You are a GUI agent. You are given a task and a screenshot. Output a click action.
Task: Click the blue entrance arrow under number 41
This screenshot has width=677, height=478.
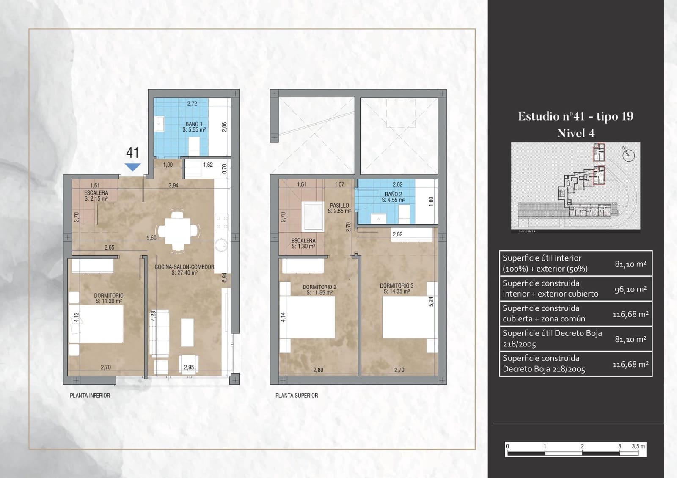133,167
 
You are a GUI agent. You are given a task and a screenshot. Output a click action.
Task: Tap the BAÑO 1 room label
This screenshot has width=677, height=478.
194,127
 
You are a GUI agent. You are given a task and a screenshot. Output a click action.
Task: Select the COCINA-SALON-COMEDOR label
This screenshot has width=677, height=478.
184,270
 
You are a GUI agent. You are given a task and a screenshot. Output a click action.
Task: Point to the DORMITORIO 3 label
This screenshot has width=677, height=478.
396,288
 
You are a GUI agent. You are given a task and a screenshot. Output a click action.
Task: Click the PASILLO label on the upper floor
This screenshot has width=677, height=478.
339,208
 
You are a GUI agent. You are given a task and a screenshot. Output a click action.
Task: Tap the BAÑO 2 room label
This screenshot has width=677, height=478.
393,197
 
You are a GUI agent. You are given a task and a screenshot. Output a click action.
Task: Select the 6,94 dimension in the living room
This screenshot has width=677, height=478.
225,277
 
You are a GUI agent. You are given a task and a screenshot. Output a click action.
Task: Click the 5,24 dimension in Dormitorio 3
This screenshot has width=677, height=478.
431,301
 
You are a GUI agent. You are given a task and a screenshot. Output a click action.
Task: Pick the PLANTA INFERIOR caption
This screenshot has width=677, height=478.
90,396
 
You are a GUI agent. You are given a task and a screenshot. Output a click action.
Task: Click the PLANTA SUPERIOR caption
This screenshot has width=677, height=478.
297,396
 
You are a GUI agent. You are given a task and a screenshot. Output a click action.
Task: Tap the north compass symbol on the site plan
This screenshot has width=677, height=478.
629,155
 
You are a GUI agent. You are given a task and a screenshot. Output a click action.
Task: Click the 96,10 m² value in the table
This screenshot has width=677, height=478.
630,289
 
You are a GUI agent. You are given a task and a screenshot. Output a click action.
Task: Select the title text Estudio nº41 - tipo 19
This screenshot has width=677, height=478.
575,116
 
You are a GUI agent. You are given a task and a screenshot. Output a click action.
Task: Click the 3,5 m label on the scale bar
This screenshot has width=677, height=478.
638,446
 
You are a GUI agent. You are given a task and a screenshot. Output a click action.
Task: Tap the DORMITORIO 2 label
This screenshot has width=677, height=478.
319,290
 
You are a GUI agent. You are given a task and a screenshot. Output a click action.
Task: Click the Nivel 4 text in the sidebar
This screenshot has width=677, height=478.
575,133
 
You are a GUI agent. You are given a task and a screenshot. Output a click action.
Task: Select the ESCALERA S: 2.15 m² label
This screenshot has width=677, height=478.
96,195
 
